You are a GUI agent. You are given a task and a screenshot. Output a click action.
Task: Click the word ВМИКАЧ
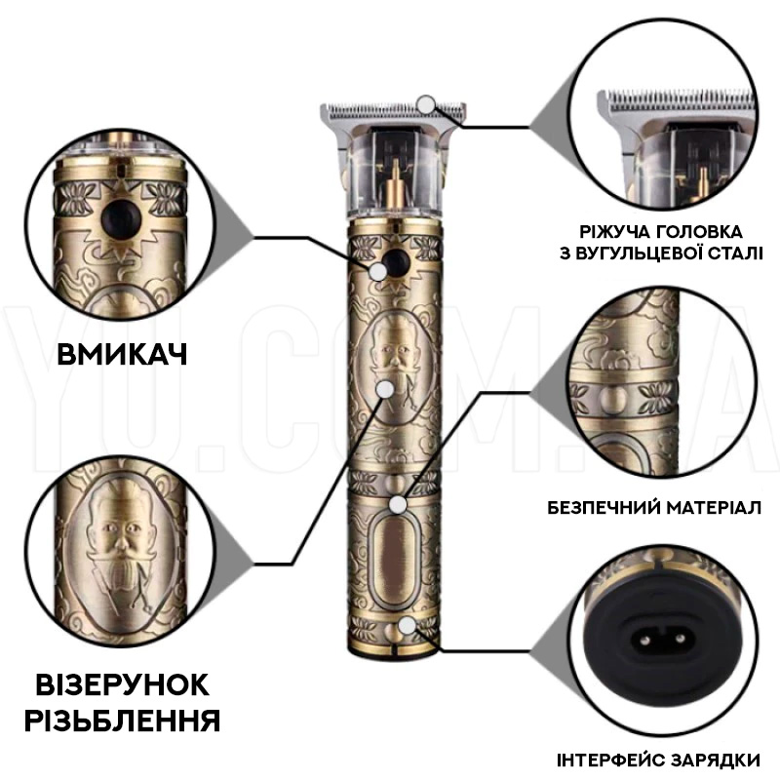[122, 355]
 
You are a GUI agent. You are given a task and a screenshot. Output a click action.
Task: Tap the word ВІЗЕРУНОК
[123, 684]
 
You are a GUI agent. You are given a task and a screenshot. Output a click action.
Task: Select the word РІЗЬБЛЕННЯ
[122, 721]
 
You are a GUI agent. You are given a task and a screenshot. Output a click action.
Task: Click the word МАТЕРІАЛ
[714, 508]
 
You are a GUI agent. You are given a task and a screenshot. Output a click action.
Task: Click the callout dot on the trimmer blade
[426, 104]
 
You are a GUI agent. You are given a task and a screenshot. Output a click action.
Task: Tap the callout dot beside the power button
[378, 271]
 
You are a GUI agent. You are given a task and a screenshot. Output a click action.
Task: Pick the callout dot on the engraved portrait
[384, 389]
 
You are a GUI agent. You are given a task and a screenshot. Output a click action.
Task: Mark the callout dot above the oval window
[397, 505]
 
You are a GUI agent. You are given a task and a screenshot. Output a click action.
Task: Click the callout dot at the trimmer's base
[407, 625]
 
